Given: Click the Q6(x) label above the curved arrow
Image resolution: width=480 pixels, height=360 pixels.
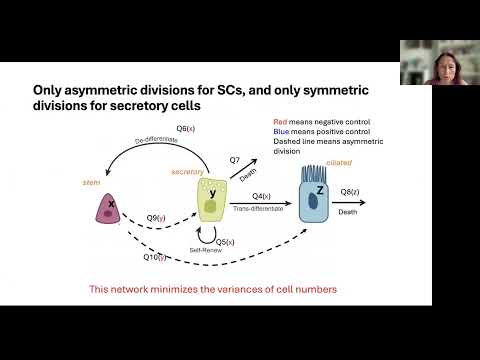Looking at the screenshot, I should click(187, 129).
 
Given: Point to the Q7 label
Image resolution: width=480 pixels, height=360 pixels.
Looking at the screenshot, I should click(235, 160).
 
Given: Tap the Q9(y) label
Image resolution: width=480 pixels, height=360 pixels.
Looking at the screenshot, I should click(155, 217).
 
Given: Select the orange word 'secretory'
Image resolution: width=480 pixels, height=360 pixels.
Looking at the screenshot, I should click(187, 171).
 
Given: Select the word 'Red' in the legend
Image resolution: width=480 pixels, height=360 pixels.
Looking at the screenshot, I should click(279, 123).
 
